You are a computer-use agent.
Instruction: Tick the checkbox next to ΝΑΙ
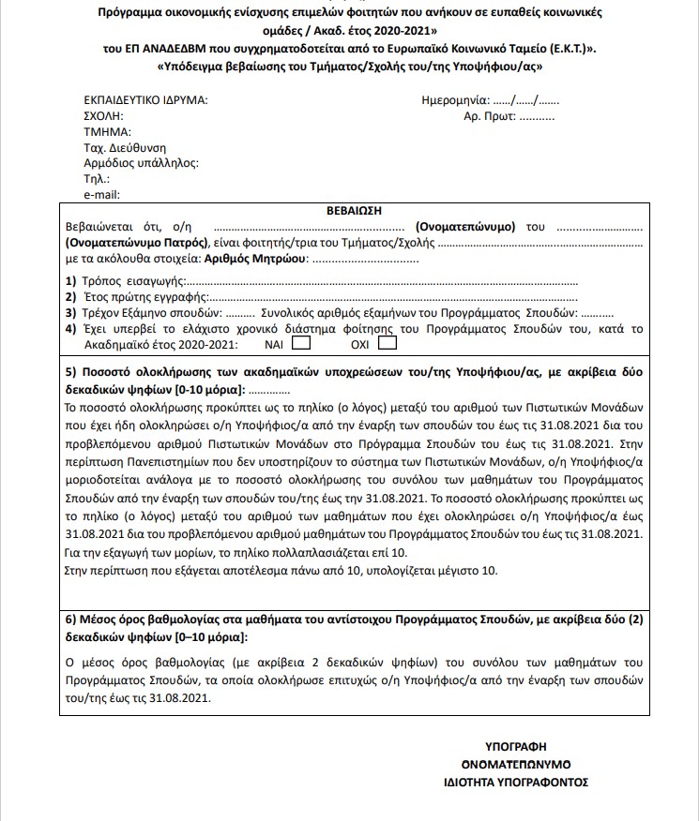coord(301,343)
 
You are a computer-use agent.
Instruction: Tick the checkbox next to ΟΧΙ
coord(387,343)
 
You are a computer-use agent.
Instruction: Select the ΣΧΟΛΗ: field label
coord(104,115)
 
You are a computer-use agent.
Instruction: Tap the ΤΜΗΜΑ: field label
coord(105,131)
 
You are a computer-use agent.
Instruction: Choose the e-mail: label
coord(103,195)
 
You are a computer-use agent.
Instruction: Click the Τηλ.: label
coord(97,179)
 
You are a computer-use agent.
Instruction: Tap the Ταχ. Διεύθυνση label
coord(125,147)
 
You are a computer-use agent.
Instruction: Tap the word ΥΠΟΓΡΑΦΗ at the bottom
coord(515,746)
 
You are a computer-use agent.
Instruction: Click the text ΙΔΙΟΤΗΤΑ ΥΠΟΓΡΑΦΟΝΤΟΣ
coord(516,781)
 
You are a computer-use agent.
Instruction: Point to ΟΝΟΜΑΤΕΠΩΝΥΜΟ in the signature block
coord(516,763)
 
